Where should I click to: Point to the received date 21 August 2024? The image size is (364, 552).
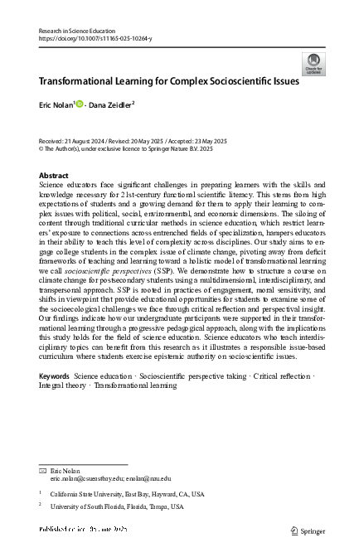tap(86, 140)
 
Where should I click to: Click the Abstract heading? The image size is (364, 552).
tap(55, 176)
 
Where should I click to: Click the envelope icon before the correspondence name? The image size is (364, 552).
tap(42, 469)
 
